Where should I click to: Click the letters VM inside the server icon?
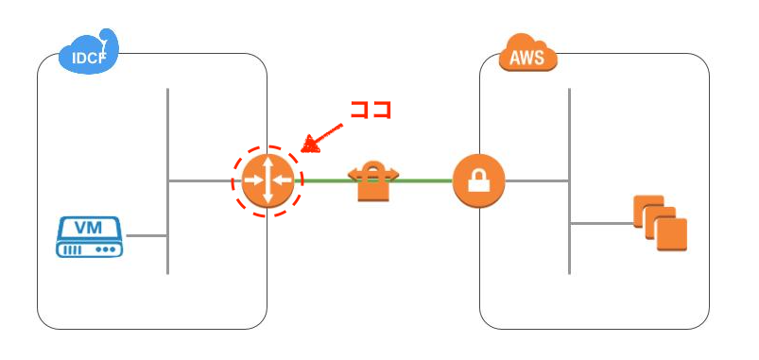click(89, 228)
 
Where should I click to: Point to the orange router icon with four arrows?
click(267, 180)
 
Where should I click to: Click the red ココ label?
click(371, 108)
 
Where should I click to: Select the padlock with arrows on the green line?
click(375, 181)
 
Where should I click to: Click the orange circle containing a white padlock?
click(479, 180)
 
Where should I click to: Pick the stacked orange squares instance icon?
click(660, 223)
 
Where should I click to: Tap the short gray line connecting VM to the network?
click(146, 235)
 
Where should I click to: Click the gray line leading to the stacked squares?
click(600, 224)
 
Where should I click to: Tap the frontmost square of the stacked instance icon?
click(671, 233)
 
